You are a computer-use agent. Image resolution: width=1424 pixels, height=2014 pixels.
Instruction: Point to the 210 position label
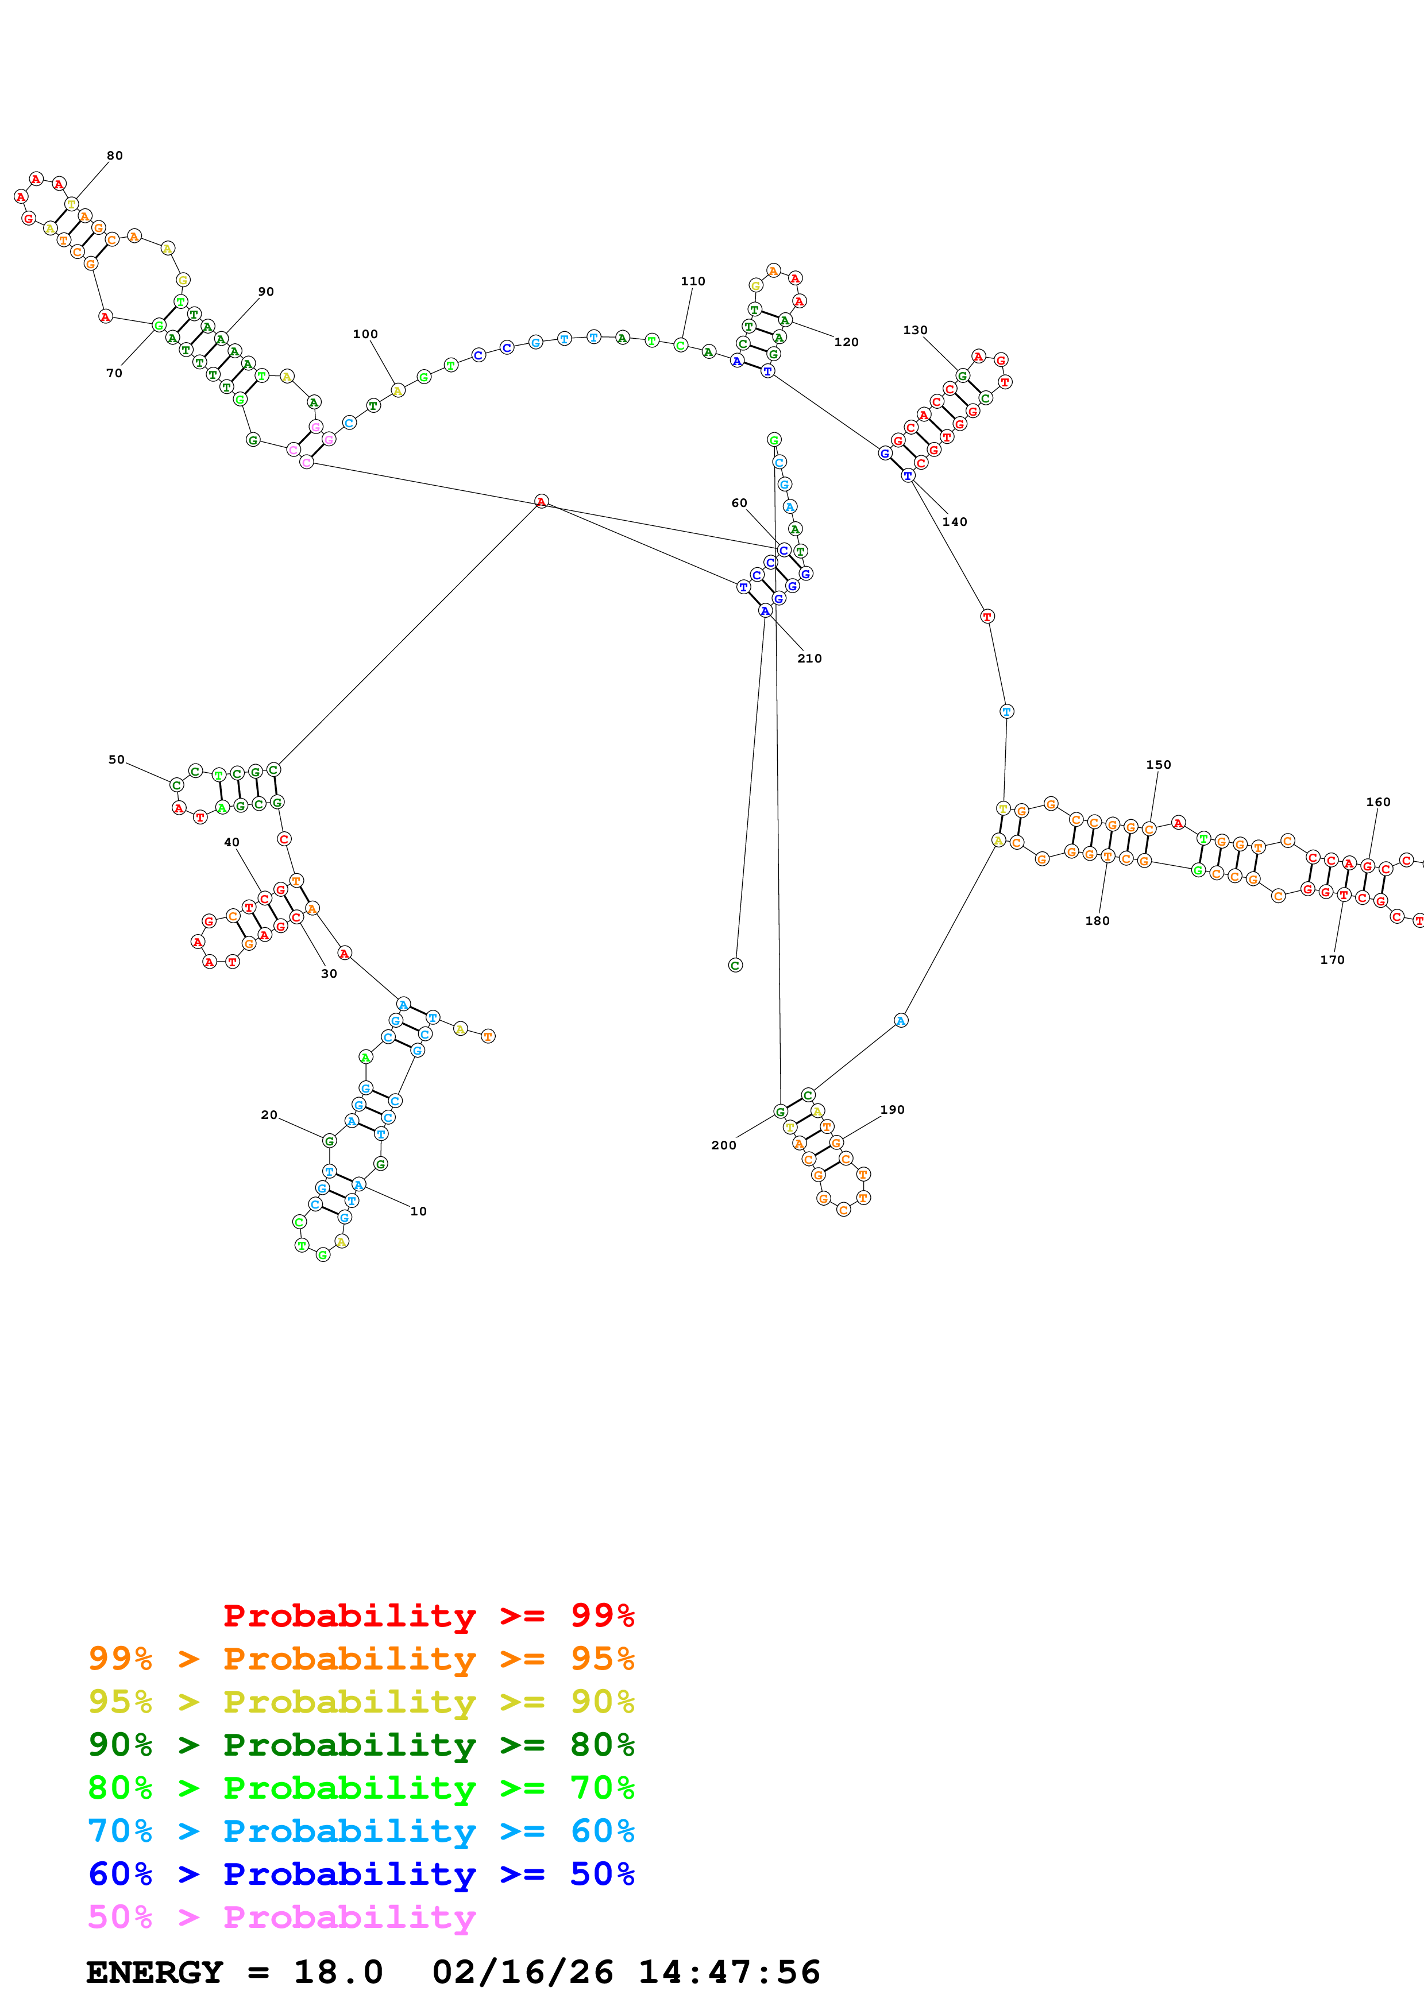pos(809,659)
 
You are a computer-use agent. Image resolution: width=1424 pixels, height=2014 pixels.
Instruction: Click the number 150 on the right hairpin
pos(1158,765)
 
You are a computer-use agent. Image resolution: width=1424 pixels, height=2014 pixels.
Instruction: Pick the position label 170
pos(1332,959)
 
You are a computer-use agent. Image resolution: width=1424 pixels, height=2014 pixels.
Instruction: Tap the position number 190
pos(892,1110)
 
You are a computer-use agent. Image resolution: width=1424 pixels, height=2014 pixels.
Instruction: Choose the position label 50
pos(117,760)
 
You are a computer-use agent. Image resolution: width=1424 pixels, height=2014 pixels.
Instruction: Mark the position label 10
pos(419,1211)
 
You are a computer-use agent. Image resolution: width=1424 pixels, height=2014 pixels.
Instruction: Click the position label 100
pos(365,334)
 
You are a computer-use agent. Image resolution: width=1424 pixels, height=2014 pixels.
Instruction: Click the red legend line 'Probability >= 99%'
pos(428,1616)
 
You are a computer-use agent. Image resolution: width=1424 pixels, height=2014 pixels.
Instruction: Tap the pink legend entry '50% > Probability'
pos(281,1918)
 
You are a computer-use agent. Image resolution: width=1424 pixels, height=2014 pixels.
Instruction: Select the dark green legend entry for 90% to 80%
pos(361,1745)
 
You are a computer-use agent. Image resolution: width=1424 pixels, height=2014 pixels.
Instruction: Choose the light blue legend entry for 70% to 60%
pos(361,1831)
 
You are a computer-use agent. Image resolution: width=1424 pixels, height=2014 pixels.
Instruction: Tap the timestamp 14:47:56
pos(729,1973)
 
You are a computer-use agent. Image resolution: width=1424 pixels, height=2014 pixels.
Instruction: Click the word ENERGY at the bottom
pos(155,1973)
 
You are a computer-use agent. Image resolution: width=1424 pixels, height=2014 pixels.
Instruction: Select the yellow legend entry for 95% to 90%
pos(361,1702)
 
